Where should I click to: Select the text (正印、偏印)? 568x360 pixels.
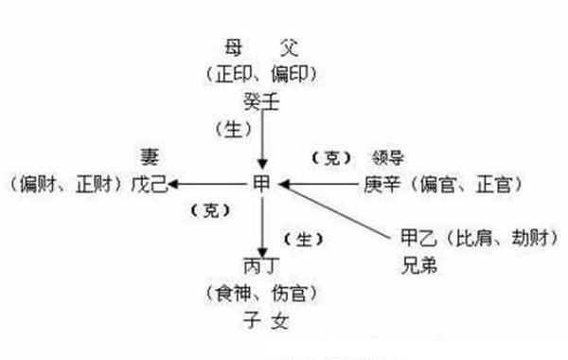point(259,72)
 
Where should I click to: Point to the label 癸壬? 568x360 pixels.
point(259,98)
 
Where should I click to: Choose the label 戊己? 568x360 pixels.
point(149,185)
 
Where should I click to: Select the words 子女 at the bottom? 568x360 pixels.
point(261,320)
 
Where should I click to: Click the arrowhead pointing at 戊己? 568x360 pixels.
point(176,185)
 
